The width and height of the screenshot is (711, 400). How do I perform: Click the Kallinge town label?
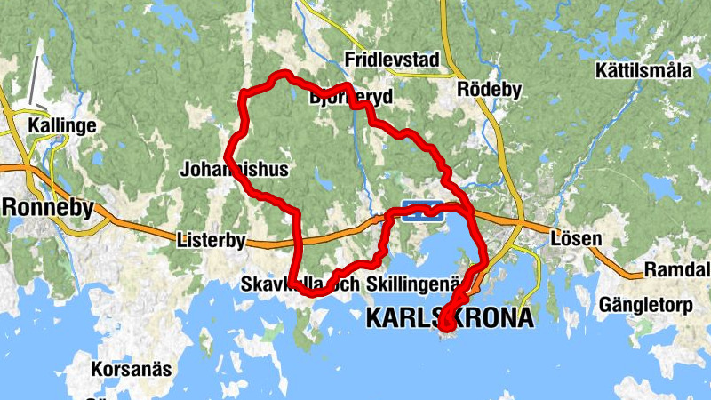pos(61,125)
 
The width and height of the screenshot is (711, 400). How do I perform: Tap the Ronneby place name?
pos(49,207)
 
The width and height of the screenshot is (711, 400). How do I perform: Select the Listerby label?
pos(211,240)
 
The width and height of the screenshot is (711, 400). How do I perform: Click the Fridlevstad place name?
pos(392,60)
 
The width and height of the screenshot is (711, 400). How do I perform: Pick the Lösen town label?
pos(576,239)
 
